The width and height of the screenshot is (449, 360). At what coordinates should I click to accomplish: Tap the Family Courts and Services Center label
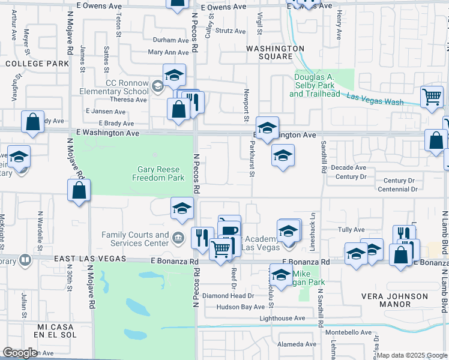point(135,239)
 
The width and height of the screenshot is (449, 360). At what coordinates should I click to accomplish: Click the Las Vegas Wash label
point(376,101)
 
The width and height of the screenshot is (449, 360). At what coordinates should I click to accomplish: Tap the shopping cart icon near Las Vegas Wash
point(432,96)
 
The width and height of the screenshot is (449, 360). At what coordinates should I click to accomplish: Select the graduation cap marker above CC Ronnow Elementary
point(174,75)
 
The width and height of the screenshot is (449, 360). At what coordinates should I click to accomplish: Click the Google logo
point(20,353)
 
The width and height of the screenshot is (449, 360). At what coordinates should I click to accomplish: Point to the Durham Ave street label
point(171,40)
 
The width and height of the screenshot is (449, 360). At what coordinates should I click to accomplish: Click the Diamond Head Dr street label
point(228,296)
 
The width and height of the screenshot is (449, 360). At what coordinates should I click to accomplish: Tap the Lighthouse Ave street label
point(282,318)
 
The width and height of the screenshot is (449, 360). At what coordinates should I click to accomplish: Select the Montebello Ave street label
point(349,332)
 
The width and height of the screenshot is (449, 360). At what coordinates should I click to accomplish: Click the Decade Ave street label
point(351,167)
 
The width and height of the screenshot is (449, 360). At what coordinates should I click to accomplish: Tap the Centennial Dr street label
point(398,189)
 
